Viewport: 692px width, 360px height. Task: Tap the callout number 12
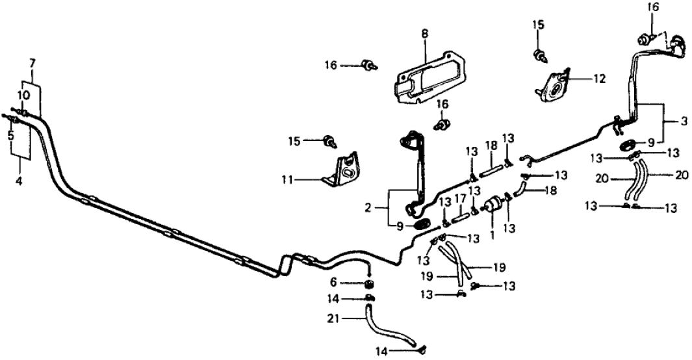click(x=598, y=79)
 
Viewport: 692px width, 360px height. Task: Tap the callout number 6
click(x=352, y=283)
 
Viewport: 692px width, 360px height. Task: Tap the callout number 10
click(x=24, y=95)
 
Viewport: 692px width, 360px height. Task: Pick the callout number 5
click(x=11, y=136)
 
